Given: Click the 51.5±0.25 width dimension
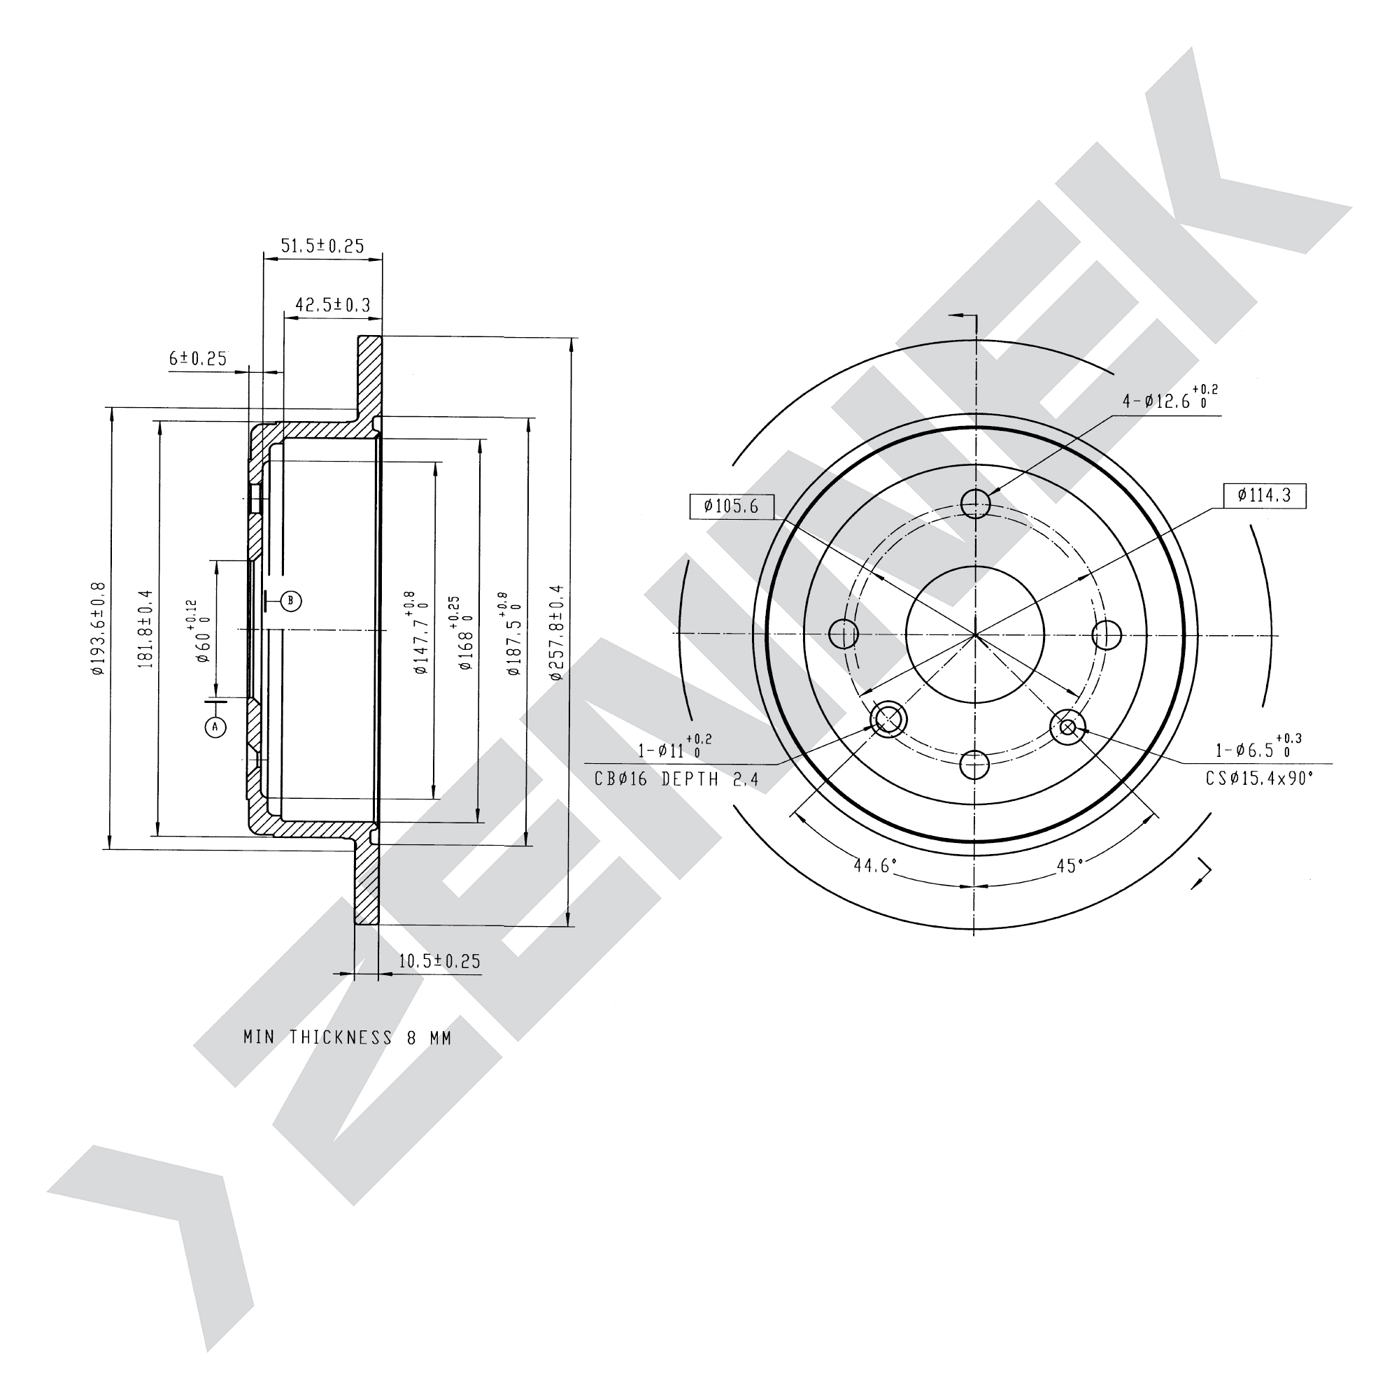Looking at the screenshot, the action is tap(322, 246).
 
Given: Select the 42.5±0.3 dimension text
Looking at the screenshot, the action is tap(332, 305).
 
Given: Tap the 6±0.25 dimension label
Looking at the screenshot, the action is tap(198, 357).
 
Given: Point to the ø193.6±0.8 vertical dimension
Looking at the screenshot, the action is tap(99, 629).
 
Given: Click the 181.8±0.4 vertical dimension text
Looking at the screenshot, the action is tap(145, 628).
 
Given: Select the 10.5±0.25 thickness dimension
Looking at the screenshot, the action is tap(439, 961).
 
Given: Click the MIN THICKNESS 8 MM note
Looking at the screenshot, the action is tap(348, 1037).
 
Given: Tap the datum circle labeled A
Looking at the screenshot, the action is tap(215, 726).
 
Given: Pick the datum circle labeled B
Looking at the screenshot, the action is tap(290, 600).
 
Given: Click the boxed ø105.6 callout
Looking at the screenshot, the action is tap(732, 506).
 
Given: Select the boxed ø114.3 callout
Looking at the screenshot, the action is tap(1265, 495).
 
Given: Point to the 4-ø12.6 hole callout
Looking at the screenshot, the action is tap(1170, 398).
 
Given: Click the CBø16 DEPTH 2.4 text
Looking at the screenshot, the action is tap(676, 779).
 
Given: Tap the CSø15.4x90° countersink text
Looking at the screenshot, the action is tap(1259, 779).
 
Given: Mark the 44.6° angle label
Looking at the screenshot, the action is tap(875, 865).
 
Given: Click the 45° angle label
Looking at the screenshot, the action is tap(1070, 865).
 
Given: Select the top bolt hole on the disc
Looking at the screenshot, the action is tap(975, 502).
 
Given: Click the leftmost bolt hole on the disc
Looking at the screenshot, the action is tap(844, 634).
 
